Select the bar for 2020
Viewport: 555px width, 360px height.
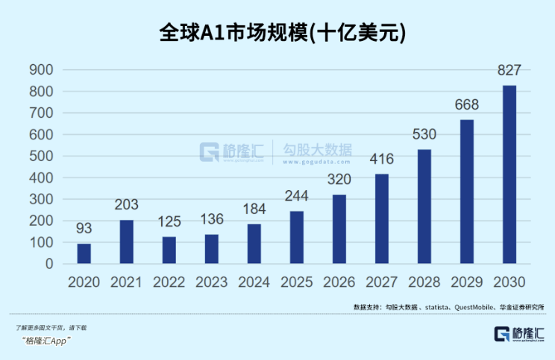pos(84,253)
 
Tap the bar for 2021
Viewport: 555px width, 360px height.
pos(127,241)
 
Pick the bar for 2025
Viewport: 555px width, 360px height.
pos(297,237)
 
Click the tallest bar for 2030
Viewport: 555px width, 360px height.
pos(509,174)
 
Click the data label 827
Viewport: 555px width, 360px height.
pos(509,72)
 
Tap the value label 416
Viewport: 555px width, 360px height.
pos(382,160)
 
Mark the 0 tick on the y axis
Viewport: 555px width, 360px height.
pos(48,264)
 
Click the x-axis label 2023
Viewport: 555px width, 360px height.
pos(212,283)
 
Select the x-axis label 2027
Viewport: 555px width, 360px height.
pos(382,283)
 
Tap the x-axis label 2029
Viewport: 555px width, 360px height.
pos(467,283)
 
